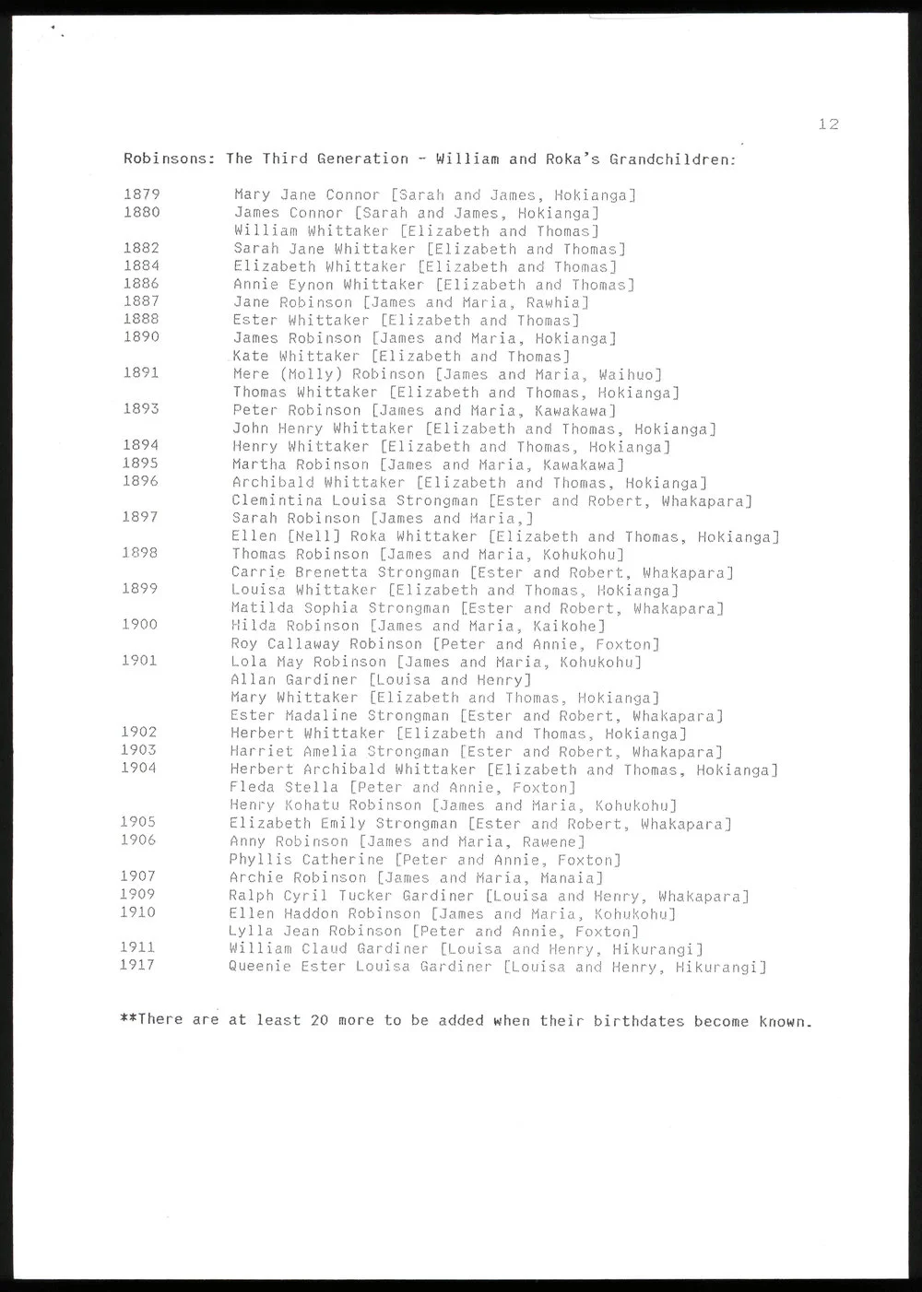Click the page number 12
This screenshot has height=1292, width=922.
pos(827,124)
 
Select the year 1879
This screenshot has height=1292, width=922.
pos(141,194)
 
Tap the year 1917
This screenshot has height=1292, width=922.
pos(137,965)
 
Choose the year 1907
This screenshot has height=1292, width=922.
pos(137,876)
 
